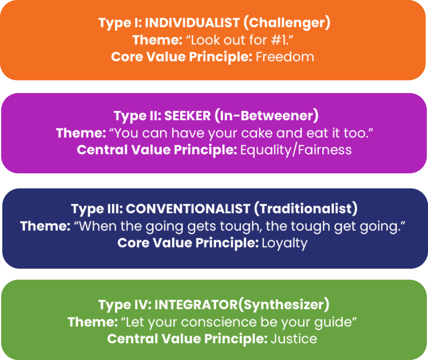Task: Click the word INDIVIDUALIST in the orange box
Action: point(192,23)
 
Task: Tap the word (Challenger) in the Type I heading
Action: point(286,23)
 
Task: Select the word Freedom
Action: point(285,57)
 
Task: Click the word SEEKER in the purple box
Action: point(187,116)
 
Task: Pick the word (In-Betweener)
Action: point(266,116)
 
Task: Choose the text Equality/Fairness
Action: point(296,150)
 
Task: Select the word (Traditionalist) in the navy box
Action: point(306,209)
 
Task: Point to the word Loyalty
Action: point(284,243)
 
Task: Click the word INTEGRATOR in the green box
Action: point(196,305)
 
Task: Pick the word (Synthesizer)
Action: point(284,305)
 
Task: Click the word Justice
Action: point(294,339)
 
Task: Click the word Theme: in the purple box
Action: point(81,133)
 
